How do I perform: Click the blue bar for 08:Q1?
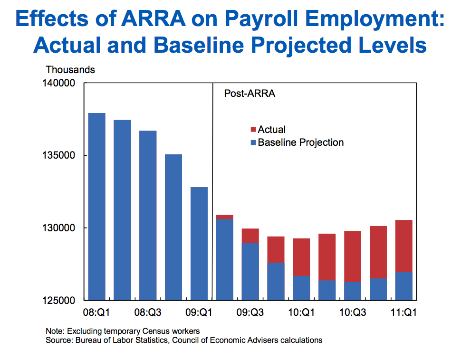tap(97, 207)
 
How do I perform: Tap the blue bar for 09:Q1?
tap(199, 244)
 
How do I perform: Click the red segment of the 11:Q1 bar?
tap(403, 246)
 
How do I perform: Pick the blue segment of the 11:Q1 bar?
tap(403, 286)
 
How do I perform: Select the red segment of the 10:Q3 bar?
tap(352, 256)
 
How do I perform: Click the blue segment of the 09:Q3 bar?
tap(250, 271)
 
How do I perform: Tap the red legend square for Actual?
tap(253, 130)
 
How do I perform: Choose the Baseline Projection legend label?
tap(300, 142)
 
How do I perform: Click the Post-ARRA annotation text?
tap(250, 94)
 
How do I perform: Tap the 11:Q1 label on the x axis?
tap(403, 313)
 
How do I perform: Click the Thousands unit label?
tap(70, 70)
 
